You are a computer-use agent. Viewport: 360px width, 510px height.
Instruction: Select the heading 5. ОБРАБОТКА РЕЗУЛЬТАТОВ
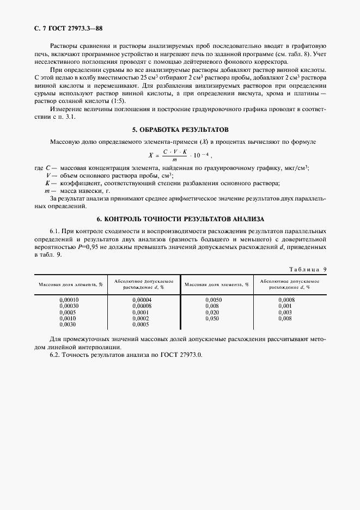[x=180, y=130]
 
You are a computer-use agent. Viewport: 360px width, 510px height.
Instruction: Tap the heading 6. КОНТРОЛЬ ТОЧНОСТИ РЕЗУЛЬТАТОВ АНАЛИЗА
[x=180, y=218]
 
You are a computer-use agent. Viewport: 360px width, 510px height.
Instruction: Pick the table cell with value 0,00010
[x=69, y=300]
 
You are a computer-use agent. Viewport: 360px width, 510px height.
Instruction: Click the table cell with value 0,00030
[x=69, y=306]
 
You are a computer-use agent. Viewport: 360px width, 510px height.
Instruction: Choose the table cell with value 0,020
[x=212, y=312]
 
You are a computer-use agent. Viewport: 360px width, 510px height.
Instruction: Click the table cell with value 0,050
[x=212, y=318]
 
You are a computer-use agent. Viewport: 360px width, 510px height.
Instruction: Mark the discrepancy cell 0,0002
[x=141, y=318]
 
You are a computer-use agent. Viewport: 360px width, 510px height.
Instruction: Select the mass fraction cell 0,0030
[x=68, y=324]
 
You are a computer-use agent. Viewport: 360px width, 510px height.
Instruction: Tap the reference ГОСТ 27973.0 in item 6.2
[x=181, y=355]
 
